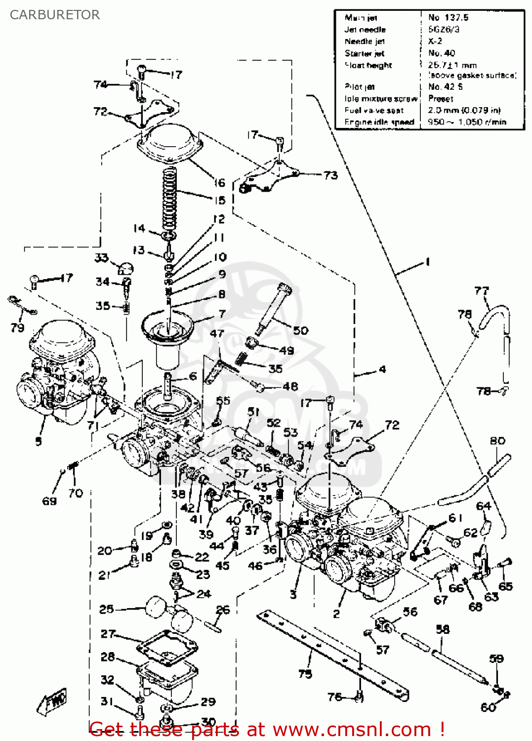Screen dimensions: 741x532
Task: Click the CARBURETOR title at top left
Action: pyautogui.click(x=55, y=15)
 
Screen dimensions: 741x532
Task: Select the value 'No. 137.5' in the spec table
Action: pyautogui.click(x=448, y=18)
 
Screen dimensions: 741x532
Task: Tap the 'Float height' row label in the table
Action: pyautogui.click(x=368, y=65)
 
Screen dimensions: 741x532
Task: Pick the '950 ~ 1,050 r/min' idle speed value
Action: pyautogui.click(x=467, y=122)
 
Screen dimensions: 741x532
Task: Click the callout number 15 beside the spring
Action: pyautogui.click(x=220, y=200)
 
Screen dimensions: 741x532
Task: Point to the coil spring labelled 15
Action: pyautogui.click(x=169, y=198)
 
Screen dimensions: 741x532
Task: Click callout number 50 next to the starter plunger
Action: pyautogui.click(x=300, y=330)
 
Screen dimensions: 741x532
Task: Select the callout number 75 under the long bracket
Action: pyautogui.click(x=305, y=673)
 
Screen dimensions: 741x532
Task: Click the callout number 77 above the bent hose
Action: pyautogui.click(x=481, y=291)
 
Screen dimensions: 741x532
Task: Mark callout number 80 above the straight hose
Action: pyautogui.click(x=497, y=441)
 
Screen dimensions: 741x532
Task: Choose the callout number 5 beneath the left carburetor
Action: pyautogui.click(x=39, y=441)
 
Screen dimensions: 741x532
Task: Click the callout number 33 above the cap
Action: pyautogui.click(x=101, y=257)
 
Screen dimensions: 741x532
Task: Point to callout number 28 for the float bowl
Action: pyautogui.click(x=108, y=657)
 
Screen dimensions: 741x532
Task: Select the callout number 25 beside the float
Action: pyautogui.click(x=106, y=609)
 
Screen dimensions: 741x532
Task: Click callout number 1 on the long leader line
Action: pyautogui.click(x=427, y=262)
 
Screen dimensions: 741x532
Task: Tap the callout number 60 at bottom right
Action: pyautogui.click(x=488, y=707)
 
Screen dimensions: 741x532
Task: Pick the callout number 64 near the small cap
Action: pyautogui.click(x=483, y=506)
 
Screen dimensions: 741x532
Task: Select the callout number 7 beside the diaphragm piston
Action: pyautogui.click(x=222, y=314)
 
